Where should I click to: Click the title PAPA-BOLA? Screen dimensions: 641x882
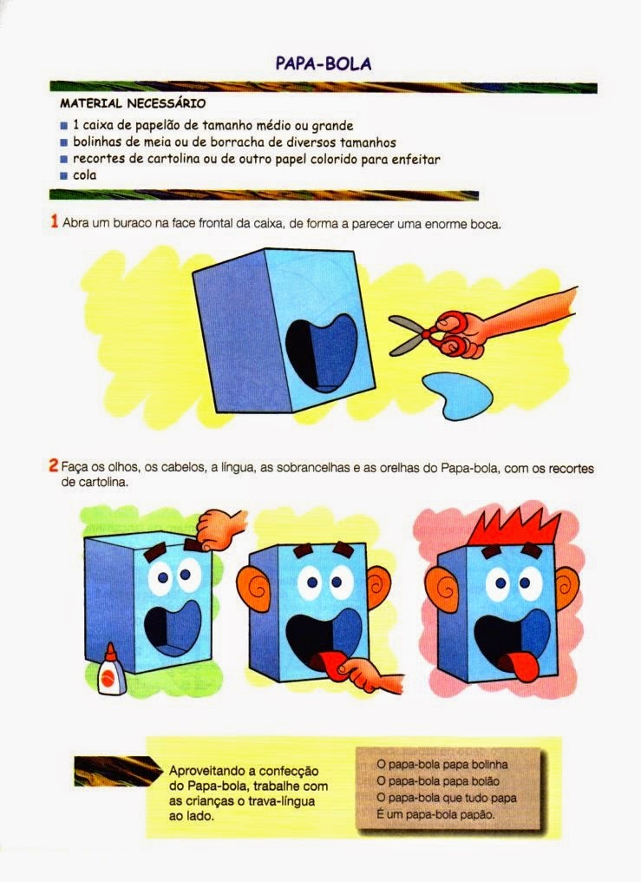click(x=323, y=63)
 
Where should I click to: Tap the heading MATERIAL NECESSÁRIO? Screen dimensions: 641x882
click(x=133, y=103)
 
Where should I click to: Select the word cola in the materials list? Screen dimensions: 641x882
click(x=85, y=175)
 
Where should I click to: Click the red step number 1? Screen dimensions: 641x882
click(x=55, y=221)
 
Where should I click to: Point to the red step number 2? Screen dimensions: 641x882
click(x=54, y=466)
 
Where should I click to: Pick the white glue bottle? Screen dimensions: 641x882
click(x=111, y=672)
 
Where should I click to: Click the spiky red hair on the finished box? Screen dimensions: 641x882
click(x=513, y=528)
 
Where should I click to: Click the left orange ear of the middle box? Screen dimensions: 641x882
click(x=254, y=588)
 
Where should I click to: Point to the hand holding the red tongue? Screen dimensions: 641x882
click(x=370, y=675)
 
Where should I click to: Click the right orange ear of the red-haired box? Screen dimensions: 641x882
click(x=567, y=589)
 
